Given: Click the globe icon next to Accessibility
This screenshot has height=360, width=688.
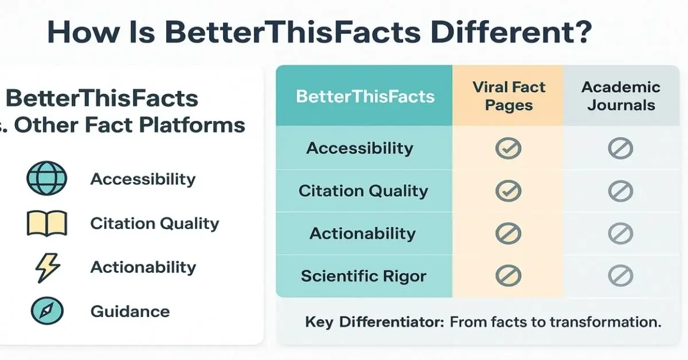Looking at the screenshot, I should coord(46,179).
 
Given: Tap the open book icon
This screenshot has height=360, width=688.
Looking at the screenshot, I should coord(46,224).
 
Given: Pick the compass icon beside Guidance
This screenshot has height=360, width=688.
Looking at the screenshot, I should coord(46,312).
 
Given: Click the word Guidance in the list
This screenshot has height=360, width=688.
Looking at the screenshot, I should coord(130,312).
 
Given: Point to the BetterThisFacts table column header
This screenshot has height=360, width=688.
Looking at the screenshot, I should coord(365,96).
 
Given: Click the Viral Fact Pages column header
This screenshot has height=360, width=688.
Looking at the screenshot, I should coord(509,96).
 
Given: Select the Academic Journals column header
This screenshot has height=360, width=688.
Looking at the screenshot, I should coord(621,96).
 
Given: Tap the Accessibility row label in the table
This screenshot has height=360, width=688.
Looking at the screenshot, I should coord(359,148).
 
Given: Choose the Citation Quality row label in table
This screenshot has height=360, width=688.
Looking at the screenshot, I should coord(363,191).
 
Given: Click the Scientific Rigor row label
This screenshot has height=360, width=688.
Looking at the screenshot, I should coord(363,276).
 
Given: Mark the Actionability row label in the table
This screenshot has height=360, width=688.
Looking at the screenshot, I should coord(362,234).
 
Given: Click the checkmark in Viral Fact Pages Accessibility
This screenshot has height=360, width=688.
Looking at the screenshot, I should coord(508,148).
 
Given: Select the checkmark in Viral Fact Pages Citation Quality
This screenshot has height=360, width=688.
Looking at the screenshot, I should coord(508,191).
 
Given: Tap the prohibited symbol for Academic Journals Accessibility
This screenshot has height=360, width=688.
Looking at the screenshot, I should coord(620,148).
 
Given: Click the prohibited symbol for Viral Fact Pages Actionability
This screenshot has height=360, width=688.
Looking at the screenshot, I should coord(508,234).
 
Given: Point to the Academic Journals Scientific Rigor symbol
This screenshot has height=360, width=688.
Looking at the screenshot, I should coord(620,276).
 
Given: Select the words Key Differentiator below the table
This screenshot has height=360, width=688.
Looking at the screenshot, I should coord(374,322).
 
